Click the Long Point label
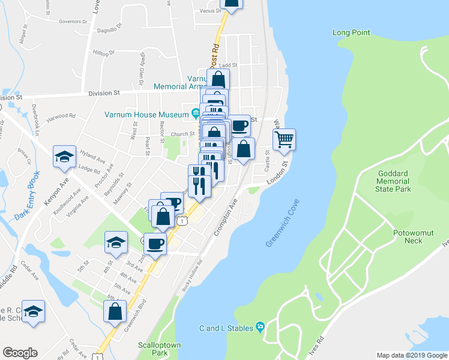point(351,32)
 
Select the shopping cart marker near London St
point(285,139)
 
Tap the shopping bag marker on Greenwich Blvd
point(115,311)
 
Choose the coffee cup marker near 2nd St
point(155,244)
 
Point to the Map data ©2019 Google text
point(412,355)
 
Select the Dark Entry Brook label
point(28,196)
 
